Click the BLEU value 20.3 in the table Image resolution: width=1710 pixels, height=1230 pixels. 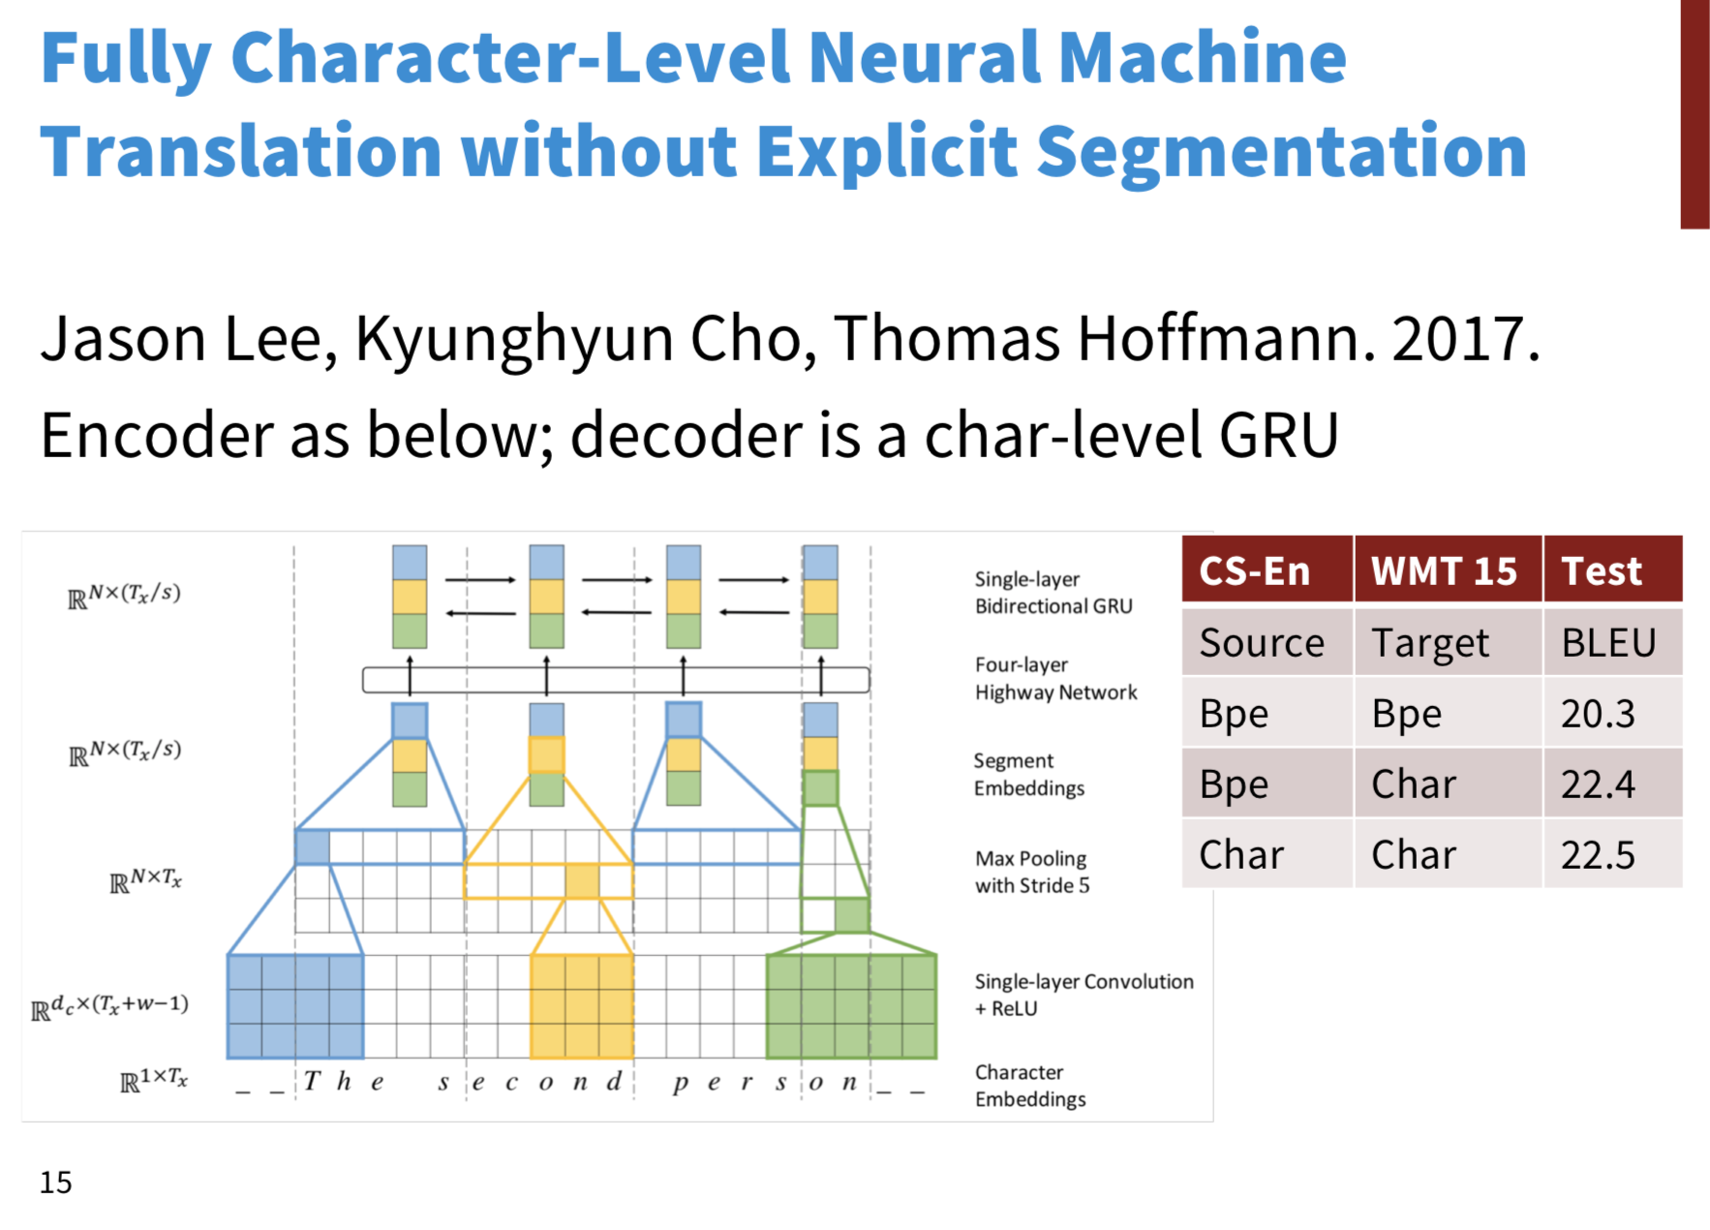tap(1597, 714)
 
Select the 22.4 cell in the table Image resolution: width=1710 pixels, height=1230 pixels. tap(1597, 784)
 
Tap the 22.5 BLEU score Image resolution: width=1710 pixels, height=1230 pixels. tap(1597, 855)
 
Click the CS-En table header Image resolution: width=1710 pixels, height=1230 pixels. tap(1254, 571)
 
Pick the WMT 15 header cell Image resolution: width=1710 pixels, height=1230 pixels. tap(1444, 571)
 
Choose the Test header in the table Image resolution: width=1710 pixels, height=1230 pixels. tap(1602, 571)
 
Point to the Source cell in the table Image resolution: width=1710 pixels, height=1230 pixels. tap(1262, 643)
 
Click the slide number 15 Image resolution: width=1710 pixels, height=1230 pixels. tap(55, 1183)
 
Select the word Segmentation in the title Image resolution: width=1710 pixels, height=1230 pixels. tap(1281, 153)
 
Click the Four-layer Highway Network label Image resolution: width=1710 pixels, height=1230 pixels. tap(1055, 678)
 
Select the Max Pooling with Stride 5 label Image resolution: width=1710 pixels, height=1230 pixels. tap(1032, 872)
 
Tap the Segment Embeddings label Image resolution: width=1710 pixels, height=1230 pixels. tap(1028, 774)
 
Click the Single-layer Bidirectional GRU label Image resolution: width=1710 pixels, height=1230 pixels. tap(1053, 592)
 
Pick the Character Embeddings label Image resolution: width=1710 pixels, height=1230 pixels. tap(1030, 1086)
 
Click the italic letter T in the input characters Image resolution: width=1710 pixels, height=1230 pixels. tap(311, 1081)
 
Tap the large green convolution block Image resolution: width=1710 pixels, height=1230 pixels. tap(851, 1006)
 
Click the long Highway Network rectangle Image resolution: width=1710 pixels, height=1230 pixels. tap(616, 680)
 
